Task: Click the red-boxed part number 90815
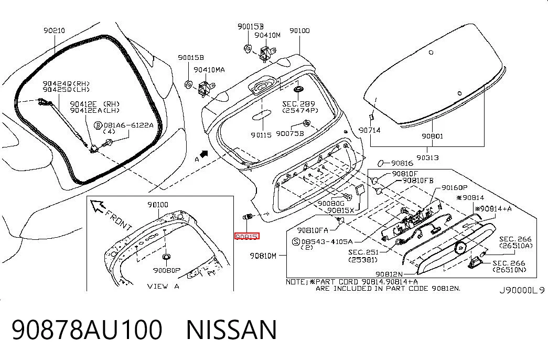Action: point(247,237)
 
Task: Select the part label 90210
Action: point(54,31)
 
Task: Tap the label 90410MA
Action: point(209,70)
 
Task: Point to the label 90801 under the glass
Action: point(432,136)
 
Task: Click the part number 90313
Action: point(427,158)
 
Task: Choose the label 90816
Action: point(402,163)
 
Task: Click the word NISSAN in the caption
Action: point(231,330)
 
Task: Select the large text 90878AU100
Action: point(87,330)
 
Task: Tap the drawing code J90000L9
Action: point(522,290)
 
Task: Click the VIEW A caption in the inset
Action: point(163,286)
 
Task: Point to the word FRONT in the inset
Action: point(118,220)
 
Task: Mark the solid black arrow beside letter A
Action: point(204,154)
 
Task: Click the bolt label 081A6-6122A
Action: point(128,125)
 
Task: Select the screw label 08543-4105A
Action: point(327,241)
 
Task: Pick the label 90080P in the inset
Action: point(167,270)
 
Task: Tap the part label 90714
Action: point(369,130)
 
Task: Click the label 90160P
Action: point(454,188)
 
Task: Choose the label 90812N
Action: point(389,274)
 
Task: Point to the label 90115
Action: point(261,135)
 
